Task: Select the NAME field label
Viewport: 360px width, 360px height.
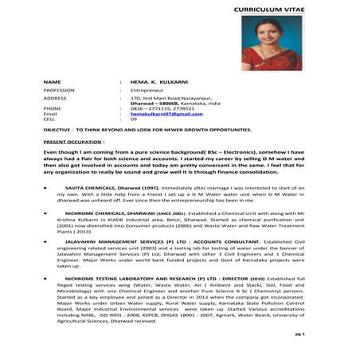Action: pos(52,83)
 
